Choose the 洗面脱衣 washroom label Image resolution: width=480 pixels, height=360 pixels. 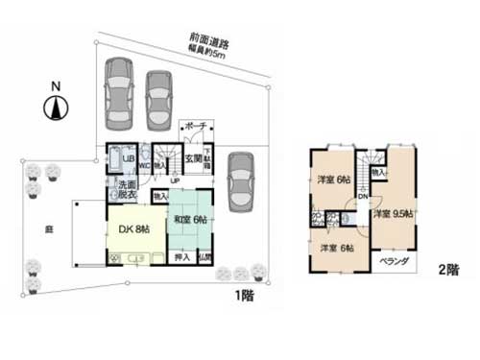[127, 189]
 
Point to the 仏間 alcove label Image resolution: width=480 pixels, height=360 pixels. [205, 257]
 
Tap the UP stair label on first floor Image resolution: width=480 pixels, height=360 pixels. [175, 180]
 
